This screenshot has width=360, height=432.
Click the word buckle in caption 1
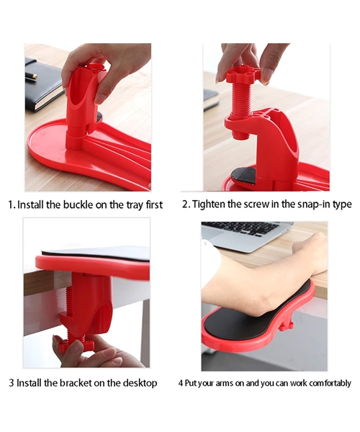point(77,205)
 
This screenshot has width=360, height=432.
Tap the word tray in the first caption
point(130,205)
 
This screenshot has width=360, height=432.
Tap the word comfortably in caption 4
point(329,384)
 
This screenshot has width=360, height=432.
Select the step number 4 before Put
point(181,384)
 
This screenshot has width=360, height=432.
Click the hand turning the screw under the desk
point(90,353)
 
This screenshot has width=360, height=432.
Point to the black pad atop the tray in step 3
point(94,253)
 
